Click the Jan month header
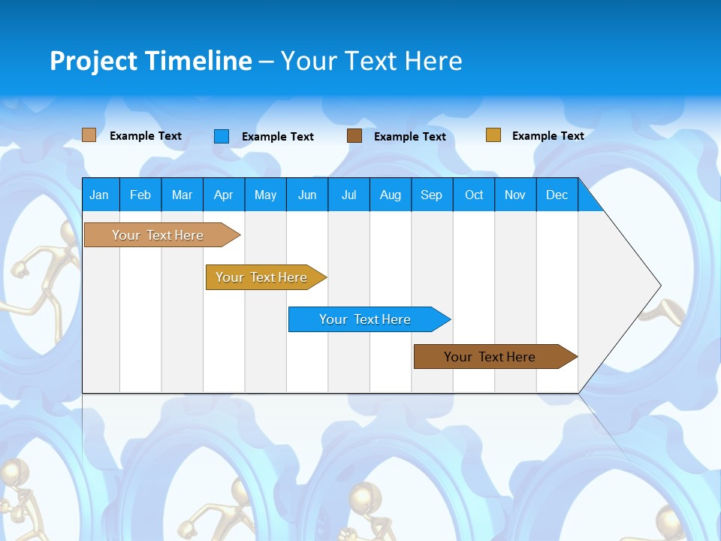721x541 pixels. [99, 195]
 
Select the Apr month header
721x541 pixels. [223, 195]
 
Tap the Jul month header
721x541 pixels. [348, 195]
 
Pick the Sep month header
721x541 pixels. [431, 195]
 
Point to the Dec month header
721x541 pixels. [557, 195]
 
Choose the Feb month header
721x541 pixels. [140, 195]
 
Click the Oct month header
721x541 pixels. [473, 195]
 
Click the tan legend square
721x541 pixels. [89, 135]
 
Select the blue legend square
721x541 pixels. [221, 136]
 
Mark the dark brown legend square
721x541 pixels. [354, 136]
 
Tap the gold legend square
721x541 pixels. [493, 135]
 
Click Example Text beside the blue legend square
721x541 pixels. [277, 137]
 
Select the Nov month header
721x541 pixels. [515, 195]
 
